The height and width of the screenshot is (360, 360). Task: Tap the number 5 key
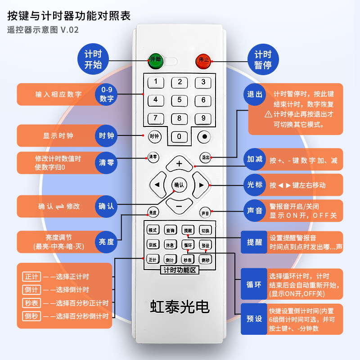[179, 100]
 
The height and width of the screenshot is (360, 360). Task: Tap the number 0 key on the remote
[179, 136]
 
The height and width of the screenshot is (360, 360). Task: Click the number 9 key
[203, 118]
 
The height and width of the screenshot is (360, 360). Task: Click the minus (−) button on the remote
[179, 206]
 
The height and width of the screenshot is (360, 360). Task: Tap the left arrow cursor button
[157, 185]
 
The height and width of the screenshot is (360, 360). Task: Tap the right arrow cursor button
[201, 185]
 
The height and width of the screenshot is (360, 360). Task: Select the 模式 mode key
[153, 230]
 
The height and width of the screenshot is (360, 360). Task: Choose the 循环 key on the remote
[188, 245]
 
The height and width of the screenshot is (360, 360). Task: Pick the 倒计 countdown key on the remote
[170, 260]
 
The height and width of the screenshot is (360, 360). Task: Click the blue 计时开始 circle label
[93, 59]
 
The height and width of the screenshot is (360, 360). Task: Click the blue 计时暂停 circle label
[263, 59]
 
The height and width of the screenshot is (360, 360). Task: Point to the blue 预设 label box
[254, 319]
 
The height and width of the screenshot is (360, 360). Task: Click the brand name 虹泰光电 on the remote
[180, 306]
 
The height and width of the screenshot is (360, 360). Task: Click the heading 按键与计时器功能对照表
[69, 16]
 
